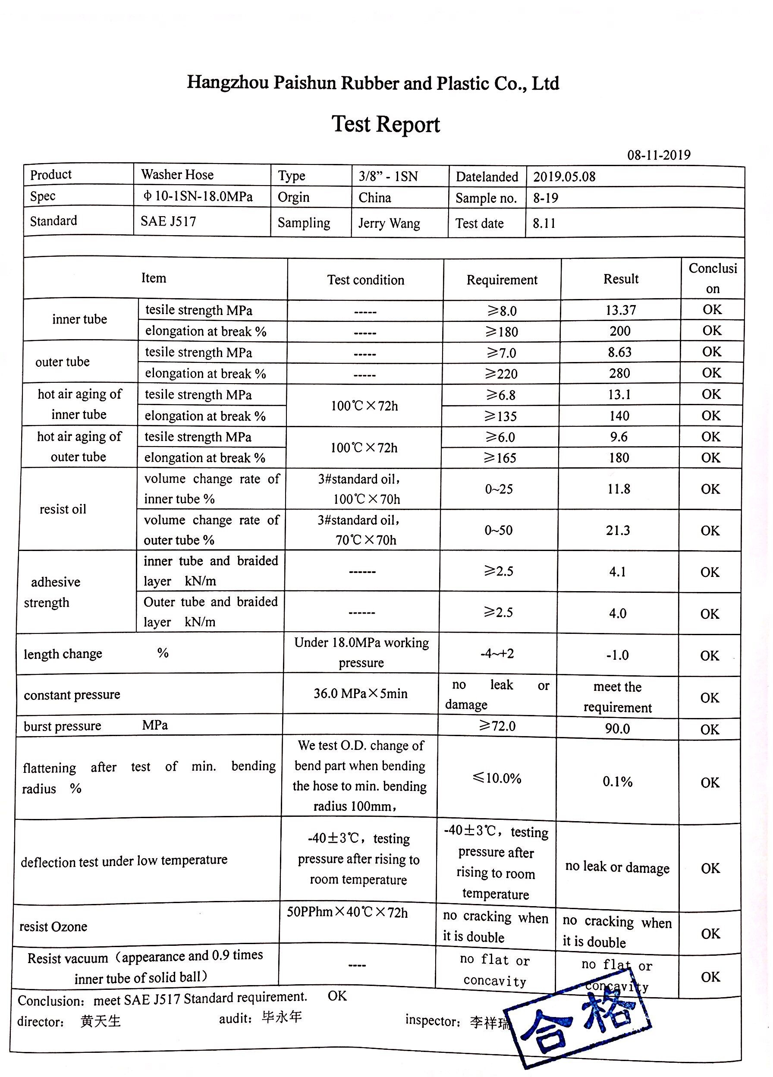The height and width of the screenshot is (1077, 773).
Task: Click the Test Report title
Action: pyautogui.click(x=386, y=124)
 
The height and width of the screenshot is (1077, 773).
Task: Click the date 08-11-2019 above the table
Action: pyautogui.click(x=659, y=155)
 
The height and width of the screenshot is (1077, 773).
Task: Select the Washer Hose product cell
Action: pyautogui.click(x=177, y=175)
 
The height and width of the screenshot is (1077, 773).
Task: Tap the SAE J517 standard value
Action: pyautogui.click(x=168, y=221)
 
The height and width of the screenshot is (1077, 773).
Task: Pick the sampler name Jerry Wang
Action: pyautogui.click(x=389, y=223)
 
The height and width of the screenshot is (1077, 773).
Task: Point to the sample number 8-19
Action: pyautogui.click(x=546, y=198)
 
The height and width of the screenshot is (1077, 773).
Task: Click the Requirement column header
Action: pyautogui.click(x=502, y=280)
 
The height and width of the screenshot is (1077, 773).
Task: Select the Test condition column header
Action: pyautogui.click(x=365, y=280)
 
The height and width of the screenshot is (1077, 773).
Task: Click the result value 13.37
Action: pyautogui.click(x=621, y=310)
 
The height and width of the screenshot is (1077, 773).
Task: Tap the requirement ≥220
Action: pyautogui.click(x=501, y=374)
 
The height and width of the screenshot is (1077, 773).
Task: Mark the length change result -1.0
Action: pyautogui.click(x=617, y=655)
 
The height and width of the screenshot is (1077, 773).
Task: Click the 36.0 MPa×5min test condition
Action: pyautogui.click(x=360, y=694)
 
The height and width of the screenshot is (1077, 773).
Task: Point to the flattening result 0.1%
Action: pyautogui.click(x=617, y=781)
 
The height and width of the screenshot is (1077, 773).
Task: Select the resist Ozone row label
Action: pyautogui.click(x=53, y=926)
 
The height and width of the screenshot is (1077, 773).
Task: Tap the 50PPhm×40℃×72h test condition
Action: pyautogui.click(x=347, y=913)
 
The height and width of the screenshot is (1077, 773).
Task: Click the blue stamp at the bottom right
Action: pyautogui.click(x=584, y=1026)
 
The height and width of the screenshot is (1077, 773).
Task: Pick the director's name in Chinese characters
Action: pyautogui.click(x=100, y=1021)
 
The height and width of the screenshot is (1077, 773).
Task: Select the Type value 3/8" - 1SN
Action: pyautogui.click(x=388, y=176)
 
